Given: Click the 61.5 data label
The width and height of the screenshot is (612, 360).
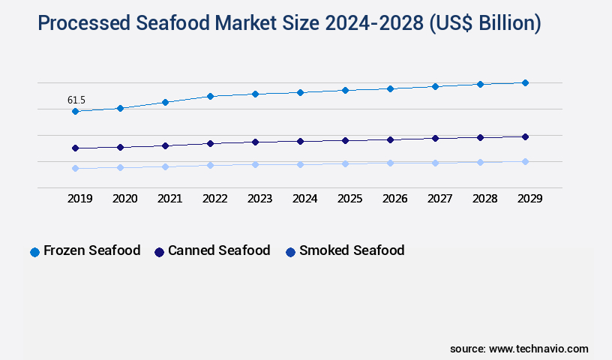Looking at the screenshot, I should (76, 100).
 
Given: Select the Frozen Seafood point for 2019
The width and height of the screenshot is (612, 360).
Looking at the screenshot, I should (75, 111).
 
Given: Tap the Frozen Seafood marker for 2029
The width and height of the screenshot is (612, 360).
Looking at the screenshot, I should (525, 82).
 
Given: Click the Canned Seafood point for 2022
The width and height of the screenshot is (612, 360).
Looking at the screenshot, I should (210, 143).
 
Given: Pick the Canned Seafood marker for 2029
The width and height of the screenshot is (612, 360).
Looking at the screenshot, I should (525, 136).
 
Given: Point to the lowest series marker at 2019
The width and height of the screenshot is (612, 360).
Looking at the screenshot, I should (75, 168).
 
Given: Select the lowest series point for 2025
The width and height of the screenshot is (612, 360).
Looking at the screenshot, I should (345, 163).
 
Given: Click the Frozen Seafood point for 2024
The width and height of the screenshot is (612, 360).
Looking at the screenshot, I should (300, 92).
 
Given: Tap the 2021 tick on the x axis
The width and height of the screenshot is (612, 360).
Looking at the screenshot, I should (169, 199).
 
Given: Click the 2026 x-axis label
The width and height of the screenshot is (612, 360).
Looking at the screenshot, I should (394, 199).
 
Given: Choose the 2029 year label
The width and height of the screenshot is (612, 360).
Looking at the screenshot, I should (529, 199).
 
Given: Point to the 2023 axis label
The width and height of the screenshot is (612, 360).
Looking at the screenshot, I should (259, 199).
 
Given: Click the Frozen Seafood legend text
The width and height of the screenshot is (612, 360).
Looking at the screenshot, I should (91, 250).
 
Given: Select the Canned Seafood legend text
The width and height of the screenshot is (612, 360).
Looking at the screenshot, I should (219, 250).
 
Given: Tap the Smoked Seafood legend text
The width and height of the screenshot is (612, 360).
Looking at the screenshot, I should (352, 250).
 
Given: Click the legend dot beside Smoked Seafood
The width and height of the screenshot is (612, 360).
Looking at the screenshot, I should (290, 252).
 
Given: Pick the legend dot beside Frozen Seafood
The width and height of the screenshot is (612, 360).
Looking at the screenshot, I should (34, 252).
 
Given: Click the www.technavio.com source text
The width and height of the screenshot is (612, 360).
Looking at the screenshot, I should (538, 349).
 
